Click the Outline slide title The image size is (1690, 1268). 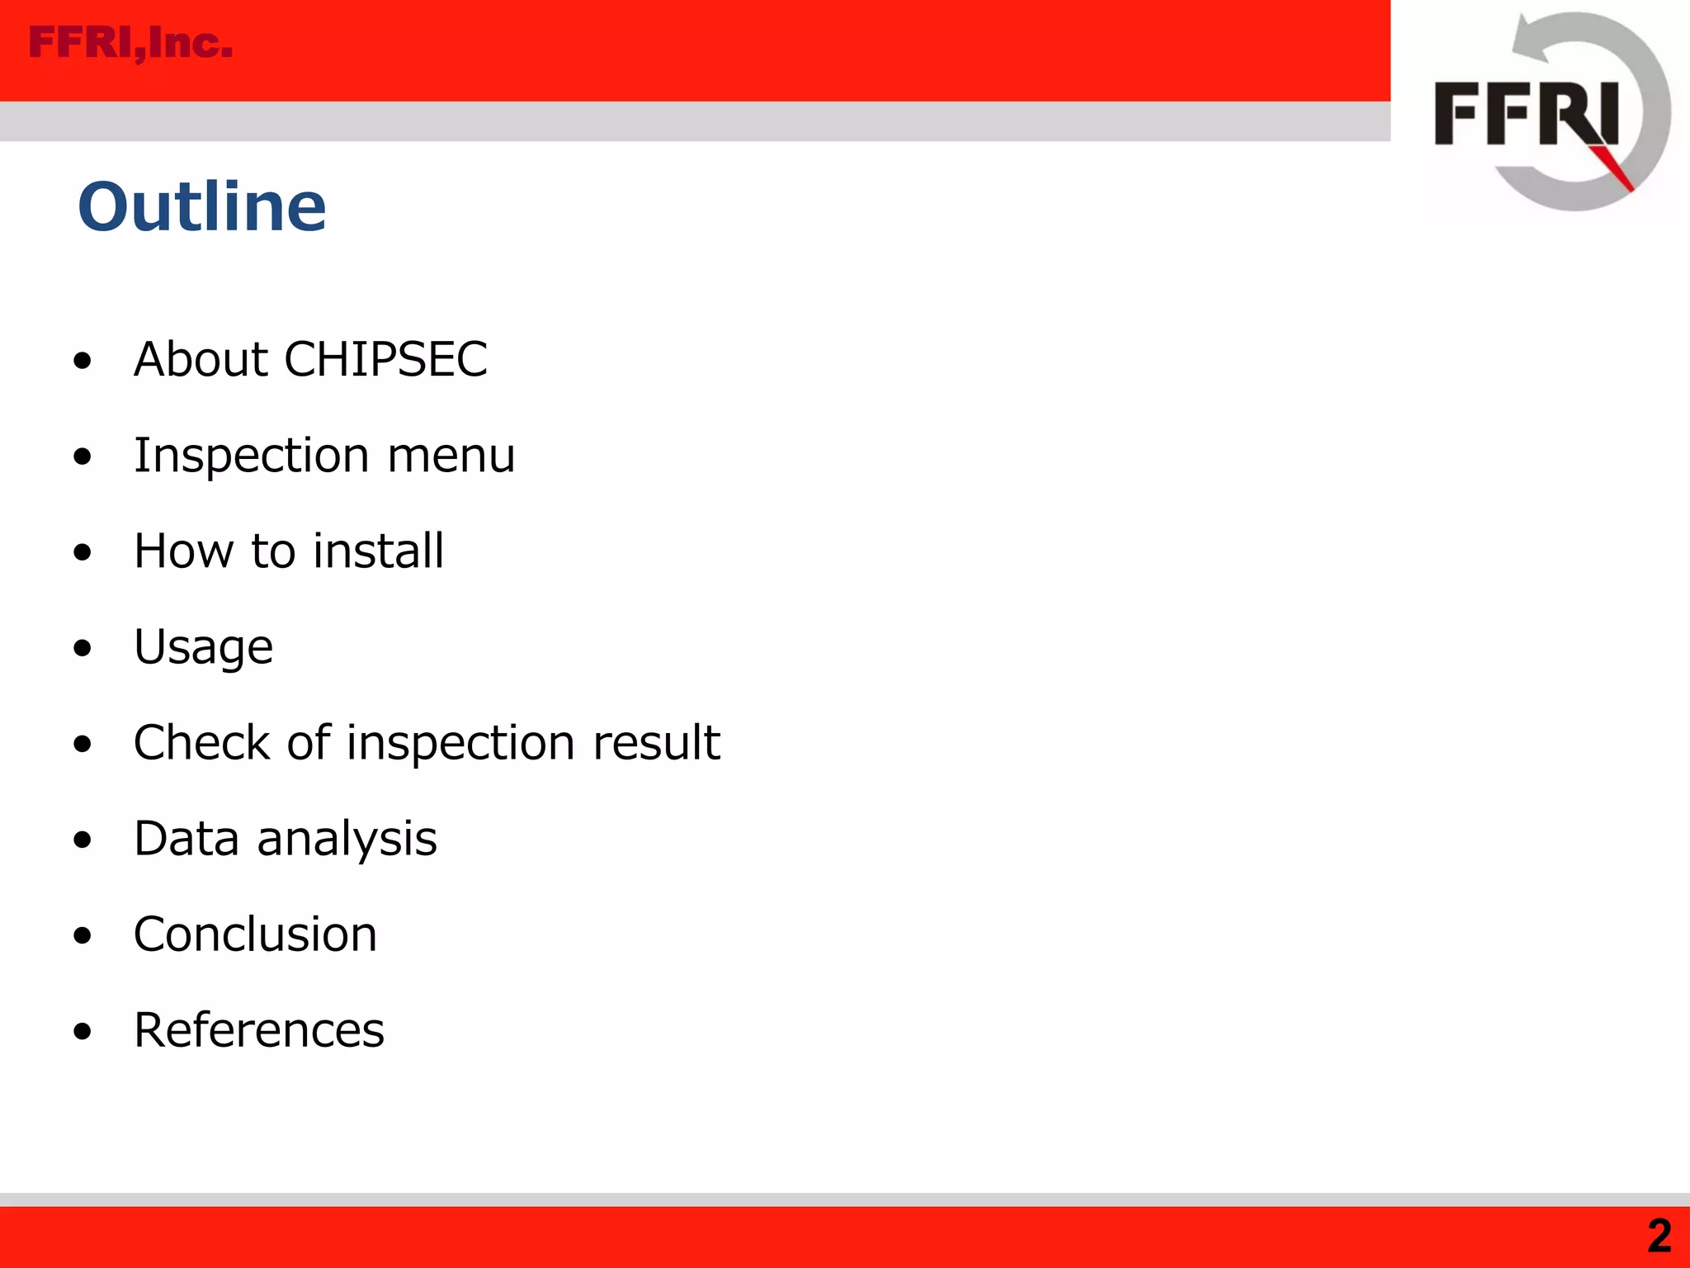coord(202,206)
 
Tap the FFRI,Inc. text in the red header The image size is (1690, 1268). coord(130,43)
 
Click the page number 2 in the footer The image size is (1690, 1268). coord(1659,1237)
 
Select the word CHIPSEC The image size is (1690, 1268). coord(385,359)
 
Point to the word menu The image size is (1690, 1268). coord(451,455)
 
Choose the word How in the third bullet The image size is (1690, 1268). coord(184,551)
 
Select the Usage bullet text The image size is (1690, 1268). coord(203,646)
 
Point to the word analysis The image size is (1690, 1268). coord(347,839)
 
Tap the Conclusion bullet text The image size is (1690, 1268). coord(255,934)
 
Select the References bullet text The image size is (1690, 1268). coord(259,1030)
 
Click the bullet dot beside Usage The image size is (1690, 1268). coord(82,648)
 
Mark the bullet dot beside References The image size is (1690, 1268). coord(82,1031)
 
